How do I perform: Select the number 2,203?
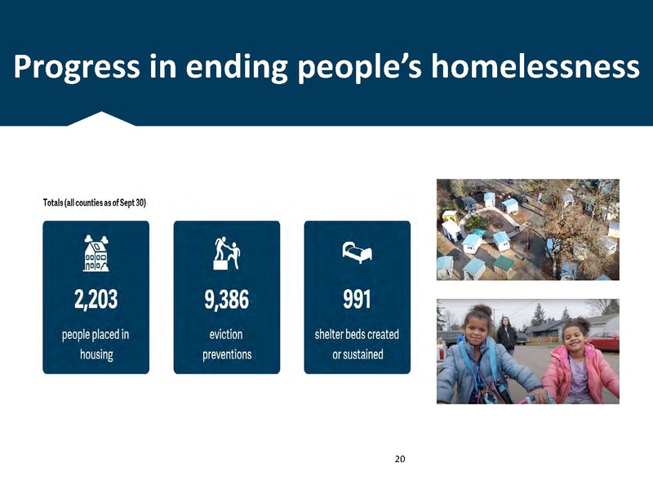(x=96, y=300)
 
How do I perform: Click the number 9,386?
(x=227, y=300)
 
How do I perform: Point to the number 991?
(x=357, y=300)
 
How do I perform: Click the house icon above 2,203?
(x=96, y=253)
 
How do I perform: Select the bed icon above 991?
(x=357, y=252)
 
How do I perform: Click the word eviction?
(x=227, y=335)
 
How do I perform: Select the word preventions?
(x=227, y=354)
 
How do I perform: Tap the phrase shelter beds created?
(x=357, y=335)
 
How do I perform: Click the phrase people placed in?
(x=96, y=335)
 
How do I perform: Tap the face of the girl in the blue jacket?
(x=475, y=330)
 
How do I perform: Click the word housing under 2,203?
(x=96, y=354)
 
